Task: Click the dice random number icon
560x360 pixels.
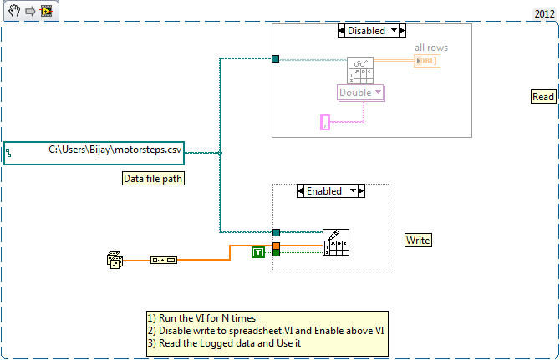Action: (115, 260)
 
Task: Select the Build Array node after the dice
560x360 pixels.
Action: (163, 261)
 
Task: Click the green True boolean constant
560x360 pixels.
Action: (258, 251)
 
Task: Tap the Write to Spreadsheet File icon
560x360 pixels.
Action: (335, 241)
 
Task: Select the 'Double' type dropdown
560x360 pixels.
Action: (360, 93)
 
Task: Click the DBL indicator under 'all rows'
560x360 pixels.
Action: (426, 61)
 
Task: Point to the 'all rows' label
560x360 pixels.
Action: (430, 48)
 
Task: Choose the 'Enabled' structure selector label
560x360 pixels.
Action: (324, 191)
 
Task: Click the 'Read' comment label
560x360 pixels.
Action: (543, 97)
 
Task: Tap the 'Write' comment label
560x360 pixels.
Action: (418, 241)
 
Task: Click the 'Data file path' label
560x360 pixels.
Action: (153, 179)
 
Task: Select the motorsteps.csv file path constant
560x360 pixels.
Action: (94, 152)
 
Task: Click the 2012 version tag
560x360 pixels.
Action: (544, 14)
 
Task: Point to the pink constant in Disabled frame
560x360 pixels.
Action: (325, 123)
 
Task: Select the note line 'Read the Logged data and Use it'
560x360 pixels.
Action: (226, 342)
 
